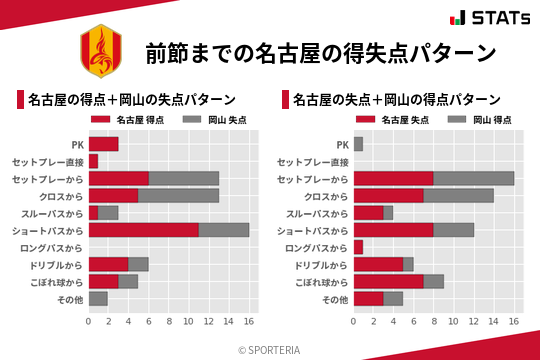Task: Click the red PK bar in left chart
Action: pyautogui.click(x=103, y=144)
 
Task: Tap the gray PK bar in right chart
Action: pyautogui.click(x=358, y=144)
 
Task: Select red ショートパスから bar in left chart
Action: pyautogui.click(x=143, y=230)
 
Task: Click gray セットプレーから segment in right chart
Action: pyautogui.click(x=474, y=178)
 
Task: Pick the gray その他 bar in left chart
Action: pyautogui.click(x=98, y=298)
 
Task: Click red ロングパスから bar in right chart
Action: pyautogui.click(x=358, y=247)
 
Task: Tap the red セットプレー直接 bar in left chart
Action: pyautogui.click(x=93, y=161)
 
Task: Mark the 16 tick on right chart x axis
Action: pyautogui.click(x=514, y=322)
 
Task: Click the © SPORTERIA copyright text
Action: pyautogui.click(x=270, y=349)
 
